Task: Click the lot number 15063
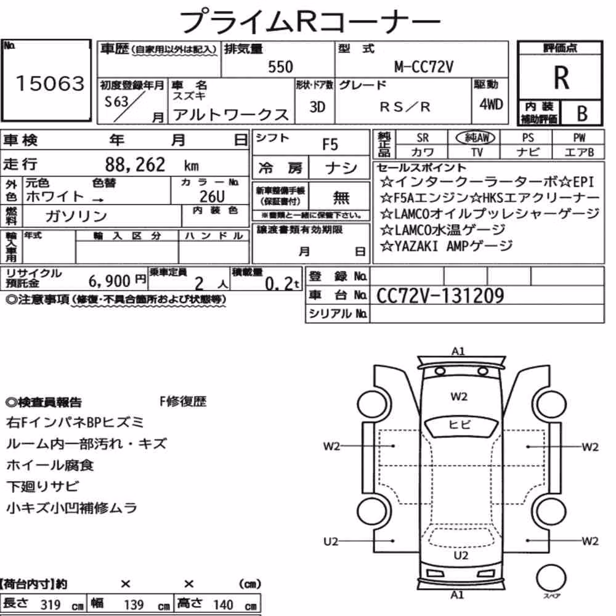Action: (50, 83)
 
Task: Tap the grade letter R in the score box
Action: (561, 78)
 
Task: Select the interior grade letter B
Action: (582, 113)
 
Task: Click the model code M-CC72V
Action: (424, 67)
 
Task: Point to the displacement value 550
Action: (280, 67)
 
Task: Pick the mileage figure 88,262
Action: (135, 164)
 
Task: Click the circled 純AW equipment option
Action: (476, 137)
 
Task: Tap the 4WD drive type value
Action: (491, 105)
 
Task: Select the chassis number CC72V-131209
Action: (440, 296)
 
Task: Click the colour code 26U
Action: (212, 196)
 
